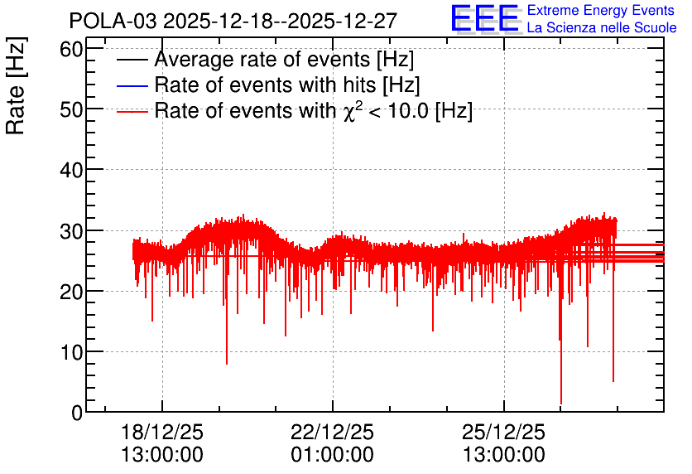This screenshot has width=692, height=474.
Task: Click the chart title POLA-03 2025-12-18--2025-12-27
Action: (233, 21)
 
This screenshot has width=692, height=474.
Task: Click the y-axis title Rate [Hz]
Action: (16, 85)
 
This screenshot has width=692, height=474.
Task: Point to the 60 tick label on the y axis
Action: (71, 49)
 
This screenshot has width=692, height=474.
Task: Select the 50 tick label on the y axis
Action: (71, 109)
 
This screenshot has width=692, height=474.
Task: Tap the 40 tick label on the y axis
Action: (71, 170)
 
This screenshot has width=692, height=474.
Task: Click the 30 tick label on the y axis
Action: (71, 230)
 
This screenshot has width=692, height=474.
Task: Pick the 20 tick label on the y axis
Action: (71, 291)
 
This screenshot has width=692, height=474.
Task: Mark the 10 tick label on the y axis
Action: (71, 352)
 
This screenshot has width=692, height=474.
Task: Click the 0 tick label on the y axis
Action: (77, 413)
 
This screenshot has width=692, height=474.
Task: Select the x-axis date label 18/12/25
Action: (162, 432)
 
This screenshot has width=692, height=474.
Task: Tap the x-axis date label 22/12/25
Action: (332, 432)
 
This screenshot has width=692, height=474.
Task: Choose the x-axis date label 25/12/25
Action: (503, 432)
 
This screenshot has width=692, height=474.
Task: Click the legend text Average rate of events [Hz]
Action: (284, 60)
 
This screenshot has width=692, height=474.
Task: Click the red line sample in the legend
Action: (132, 112)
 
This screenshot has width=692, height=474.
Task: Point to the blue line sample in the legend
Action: (132, 85)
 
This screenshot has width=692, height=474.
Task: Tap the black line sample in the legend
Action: (132, 60)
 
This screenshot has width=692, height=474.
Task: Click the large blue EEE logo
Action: (485, 18)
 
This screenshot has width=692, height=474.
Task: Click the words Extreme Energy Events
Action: (601, 10)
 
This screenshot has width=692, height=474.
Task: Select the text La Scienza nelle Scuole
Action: (602, 27)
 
